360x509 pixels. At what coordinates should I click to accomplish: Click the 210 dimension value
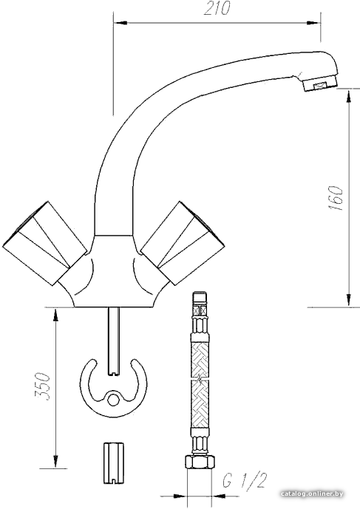pyautogui.click(x=217, y=8)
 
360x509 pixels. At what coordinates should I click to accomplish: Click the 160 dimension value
pyautogui.click(x=336, y=198)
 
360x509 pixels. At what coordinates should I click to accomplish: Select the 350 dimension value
pyautogui.click(x=43, y=386)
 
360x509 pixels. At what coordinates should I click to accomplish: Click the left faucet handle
pyautogui.click(x=44, y=243)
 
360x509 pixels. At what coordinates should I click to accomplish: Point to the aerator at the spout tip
pyautogui.click(x=320, y=86)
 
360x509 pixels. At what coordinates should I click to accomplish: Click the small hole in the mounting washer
pyautogui.click(x=113, y=400)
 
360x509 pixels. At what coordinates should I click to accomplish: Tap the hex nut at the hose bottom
pyautogui.click(x=200, y=461)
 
